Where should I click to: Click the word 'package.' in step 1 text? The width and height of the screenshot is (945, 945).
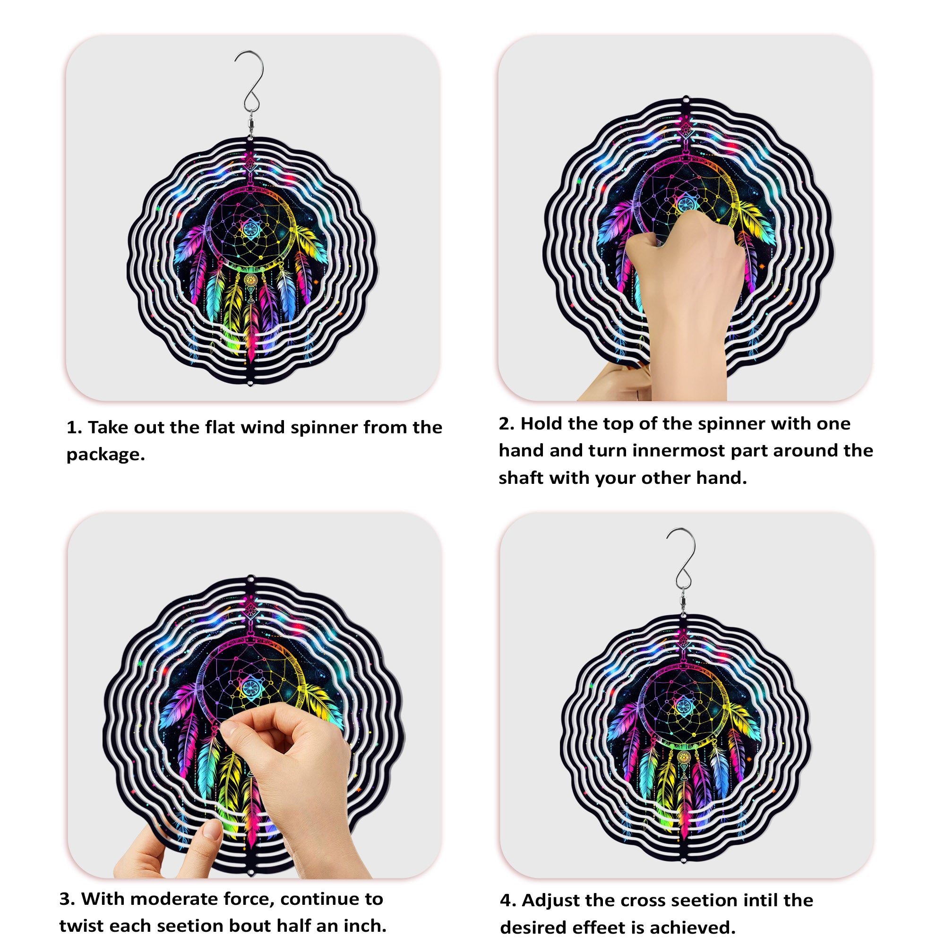coord(106,455)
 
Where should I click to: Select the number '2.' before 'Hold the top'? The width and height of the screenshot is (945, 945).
coord(507,423)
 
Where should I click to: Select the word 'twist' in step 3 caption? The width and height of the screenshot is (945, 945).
coord(81,926)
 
